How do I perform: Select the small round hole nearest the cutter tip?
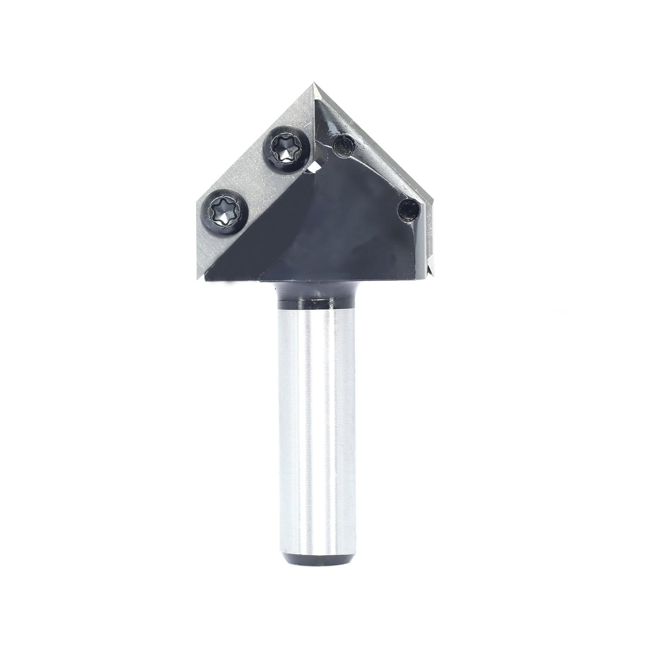343,145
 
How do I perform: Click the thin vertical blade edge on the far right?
429,241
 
